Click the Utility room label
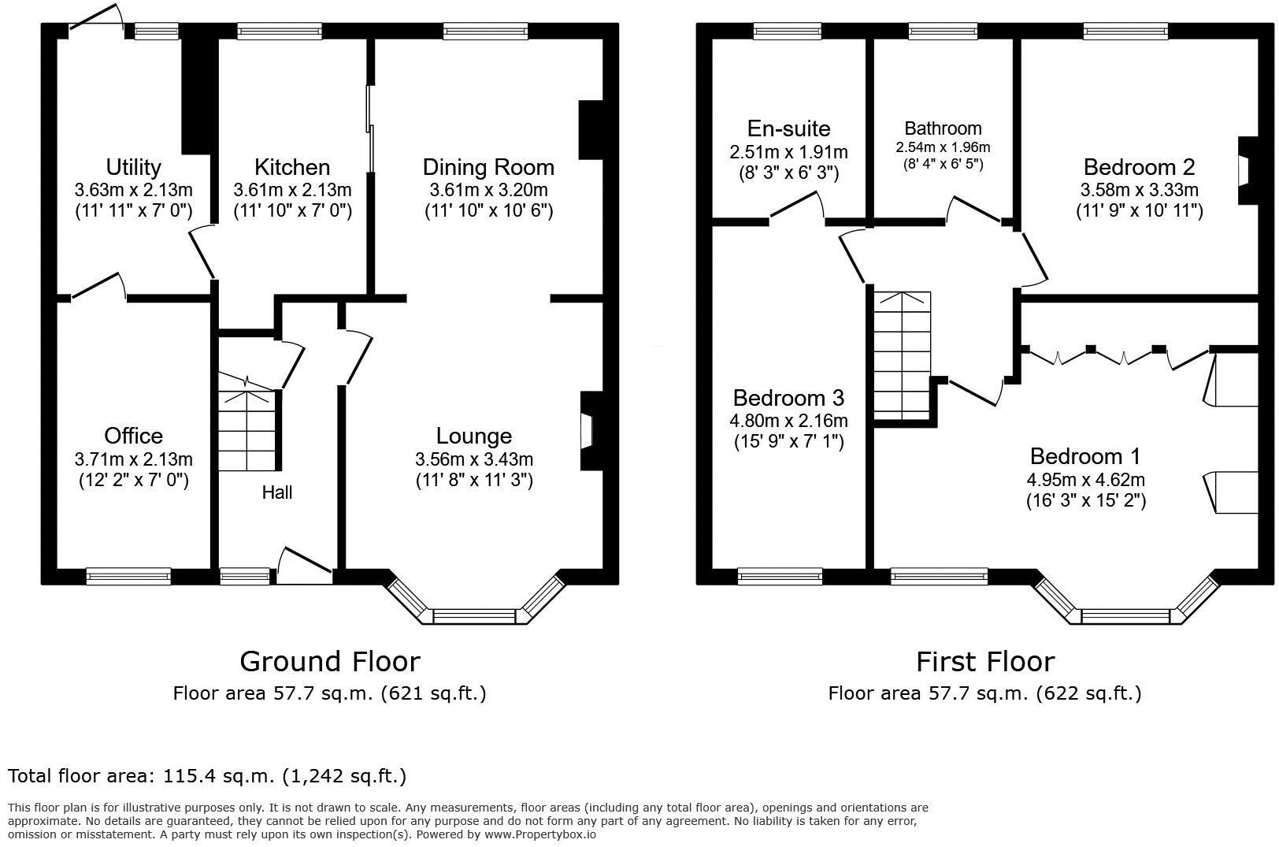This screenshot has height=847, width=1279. click(133, 167)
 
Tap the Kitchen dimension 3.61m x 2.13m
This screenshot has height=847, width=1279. click(292, 190)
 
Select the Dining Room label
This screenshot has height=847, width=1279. click(488, 167)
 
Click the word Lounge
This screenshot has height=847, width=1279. click(474, 436)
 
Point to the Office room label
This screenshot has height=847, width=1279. click(133, 436)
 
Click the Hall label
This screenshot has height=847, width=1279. click(277, 492)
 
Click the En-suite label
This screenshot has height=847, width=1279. click(788, 128)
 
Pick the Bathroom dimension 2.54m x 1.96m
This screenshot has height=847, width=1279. click(943, 147)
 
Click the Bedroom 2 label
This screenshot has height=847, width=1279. click(1139, 167)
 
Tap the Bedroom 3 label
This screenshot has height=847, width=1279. click(788, 397)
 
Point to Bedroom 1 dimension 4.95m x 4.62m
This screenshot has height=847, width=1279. click(1085, 479)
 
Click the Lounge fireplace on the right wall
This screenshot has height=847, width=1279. click(589, 431)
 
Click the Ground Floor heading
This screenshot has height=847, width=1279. click(329, 661)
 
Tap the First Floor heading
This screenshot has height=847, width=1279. click(984, 661)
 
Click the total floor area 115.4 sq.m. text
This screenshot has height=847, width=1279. click(207, 776)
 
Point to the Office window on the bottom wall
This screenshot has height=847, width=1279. click(128, 577)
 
